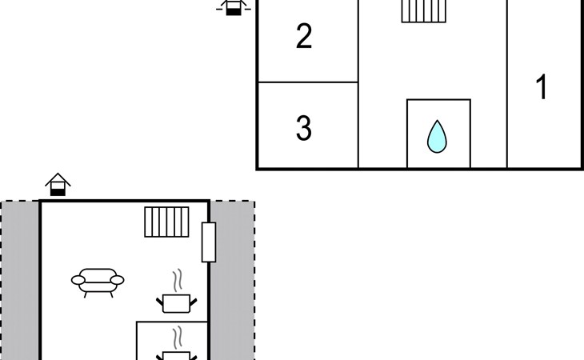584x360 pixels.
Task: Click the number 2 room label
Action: (304, 36)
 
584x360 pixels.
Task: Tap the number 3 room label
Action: (304, 128)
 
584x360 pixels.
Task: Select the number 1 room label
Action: (542, 86)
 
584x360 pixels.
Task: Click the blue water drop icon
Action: (437, 136)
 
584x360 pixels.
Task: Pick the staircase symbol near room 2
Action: (424, 11)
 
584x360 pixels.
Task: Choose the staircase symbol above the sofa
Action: (166, 222)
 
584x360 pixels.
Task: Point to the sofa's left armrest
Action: (78, 280)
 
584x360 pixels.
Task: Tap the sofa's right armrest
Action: (118, 280)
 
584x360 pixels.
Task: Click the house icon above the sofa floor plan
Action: (58, 184)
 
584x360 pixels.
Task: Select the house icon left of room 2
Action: (234, 7)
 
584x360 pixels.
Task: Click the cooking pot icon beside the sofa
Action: (177, 303)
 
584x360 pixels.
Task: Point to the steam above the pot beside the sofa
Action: (178, 280)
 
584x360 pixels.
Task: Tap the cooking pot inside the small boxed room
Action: (177, 355)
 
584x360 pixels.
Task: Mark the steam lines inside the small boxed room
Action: (178, 338)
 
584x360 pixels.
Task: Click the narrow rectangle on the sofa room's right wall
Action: (209, 242)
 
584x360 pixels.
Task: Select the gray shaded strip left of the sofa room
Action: (20, 280)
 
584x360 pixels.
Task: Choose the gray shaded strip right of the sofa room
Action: (233, 280)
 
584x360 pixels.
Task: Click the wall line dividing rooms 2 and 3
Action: (308, 82)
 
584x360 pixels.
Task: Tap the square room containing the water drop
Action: (438, 134)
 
